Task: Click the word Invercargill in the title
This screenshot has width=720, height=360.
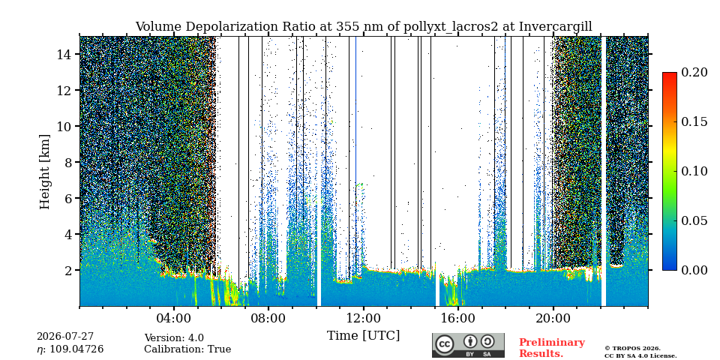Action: (556, 27)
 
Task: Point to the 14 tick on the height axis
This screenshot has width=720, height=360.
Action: (64, 54)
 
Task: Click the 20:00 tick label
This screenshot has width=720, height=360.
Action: (553, 318)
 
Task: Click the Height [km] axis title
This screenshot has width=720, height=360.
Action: (44, 172)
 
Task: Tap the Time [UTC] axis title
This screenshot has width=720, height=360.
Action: (363, 336)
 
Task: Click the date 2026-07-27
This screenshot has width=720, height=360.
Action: (65, 337)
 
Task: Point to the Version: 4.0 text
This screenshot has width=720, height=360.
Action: (174, 338)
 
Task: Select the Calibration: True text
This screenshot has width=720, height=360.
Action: (187, 349)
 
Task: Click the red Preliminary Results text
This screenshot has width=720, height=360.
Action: (552, 348)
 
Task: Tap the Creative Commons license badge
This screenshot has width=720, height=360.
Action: (468, 345)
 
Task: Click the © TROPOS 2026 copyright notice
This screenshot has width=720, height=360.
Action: (633, 349)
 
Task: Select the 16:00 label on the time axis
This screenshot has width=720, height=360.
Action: (458, 318)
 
